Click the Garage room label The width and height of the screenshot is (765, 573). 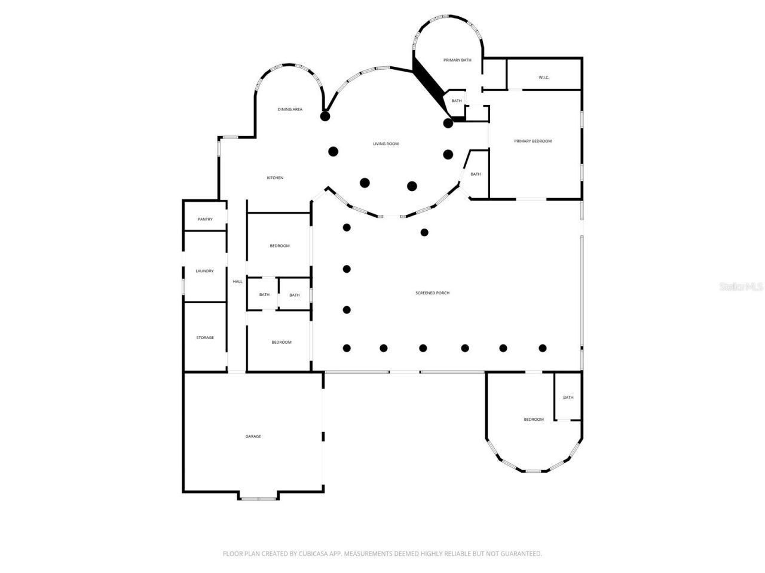pyautogui.click(x=253, y=436)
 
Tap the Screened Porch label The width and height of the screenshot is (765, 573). pyautogui.click(x=432, y=293)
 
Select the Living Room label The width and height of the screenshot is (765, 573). pyautogui.click(x=385, y=144)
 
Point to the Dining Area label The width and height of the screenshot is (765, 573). pyautogui.click(x=290, y=109)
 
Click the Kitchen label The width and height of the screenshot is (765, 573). pyautogui.click(x=275, y=178)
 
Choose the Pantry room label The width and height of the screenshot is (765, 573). pyautogui.click(x=205, y=219)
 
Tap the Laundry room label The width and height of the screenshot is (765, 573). pyautogui.click(x=204, y=271)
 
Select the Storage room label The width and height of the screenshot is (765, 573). pyautogui.click(x=205, y=338)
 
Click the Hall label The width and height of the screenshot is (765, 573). pyautogui.click(x=237, y=281)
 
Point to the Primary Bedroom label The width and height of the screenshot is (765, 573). pyautogui.click(x=533, y=141)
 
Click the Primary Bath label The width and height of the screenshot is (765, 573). pyautogui.click(x=457, y=60)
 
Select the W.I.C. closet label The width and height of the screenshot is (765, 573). pyautogui.click(x=543, y=78)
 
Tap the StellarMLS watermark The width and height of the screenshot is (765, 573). pyautogui.click(x=741, y=287)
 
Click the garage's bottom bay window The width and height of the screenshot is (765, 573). pyautogui.click(x=258, y=498)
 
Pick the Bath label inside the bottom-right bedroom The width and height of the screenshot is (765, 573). pyautogui.click(x=568, y=398)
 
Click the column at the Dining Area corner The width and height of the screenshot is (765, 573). pyautogui.click(x=325, y=116)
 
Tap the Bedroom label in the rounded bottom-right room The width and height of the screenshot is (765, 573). pyautogui.click(x=534, y=420)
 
